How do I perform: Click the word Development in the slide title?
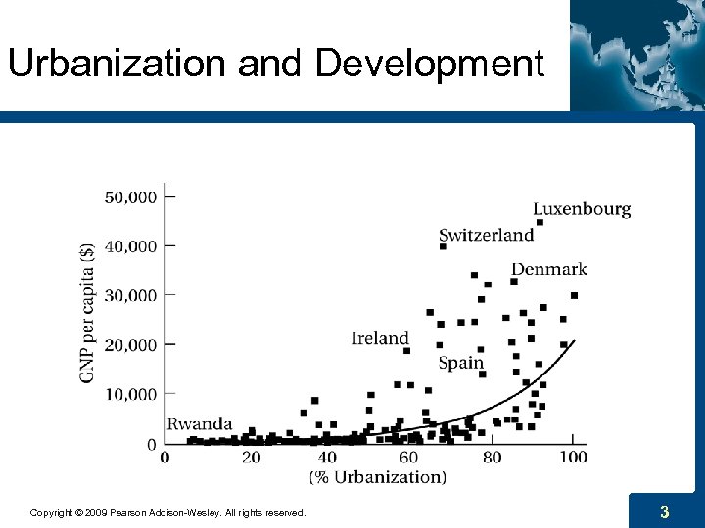(x=429, y=64)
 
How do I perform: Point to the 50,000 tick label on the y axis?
(x=130, y=197)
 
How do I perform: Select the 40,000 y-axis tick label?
(x=130, y=246)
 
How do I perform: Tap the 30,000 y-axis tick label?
(x=130, y=295)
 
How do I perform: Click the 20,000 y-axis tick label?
(x=130, y=345)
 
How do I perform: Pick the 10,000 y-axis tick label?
(x=130, y=394)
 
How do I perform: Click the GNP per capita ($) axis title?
(x=88, y=313)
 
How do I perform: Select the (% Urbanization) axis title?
(x=378, y=477)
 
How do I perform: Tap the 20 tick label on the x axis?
(x=251, y=458)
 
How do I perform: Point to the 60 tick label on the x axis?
(x=408, y=458)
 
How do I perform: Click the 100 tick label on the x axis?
(x=574, y=458)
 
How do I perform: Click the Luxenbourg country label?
(x=582, y=209)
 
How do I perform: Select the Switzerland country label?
(x=487, y=235)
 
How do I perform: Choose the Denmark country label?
(x=549, y=269)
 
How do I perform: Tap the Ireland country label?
(x=380, y=338)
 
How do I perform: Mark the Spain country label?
(x=460, y=363)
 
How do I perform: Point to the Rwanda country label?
(x=200, y=423)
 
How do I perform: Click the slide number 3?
(x=664, y=511)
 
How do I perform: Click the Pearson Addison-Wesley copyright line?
(x=168, y=512)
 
